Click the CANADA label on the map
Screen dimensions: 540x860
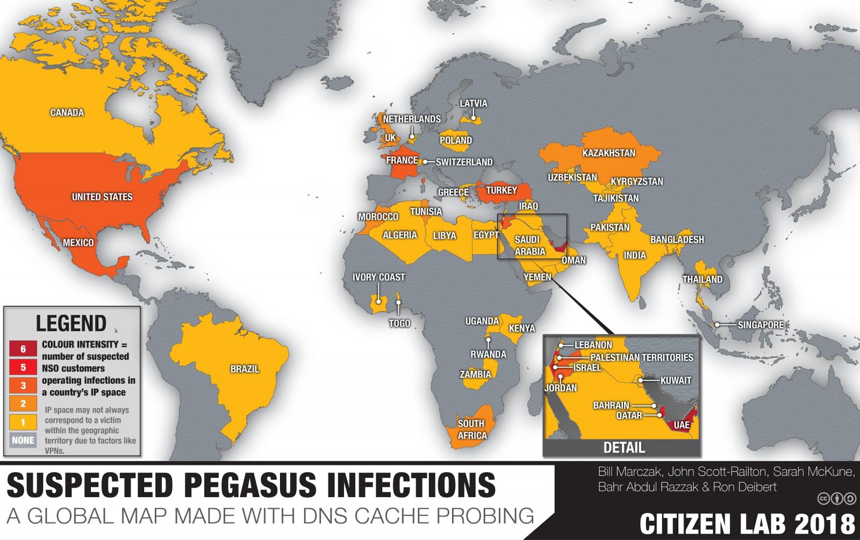click(67, 113)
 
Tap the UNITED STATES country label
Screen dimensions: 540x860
click(102, 197)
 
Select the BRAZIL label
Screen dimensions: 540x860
click(245, 369)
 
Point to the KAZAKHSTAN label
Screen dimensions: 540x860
click(608, 153)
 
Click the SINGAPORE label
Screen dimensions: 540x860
click(760, 325)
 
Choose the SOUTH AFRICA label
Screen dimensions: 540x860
click(472, 429)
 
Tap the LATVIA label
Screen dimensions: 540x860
click(474, 104)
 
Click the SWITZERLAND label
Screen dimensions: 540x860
click(464, 162)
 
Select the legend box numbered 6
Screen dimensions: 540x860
click(23, 349)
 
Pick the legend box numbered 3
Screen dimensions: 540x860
click(23, 386)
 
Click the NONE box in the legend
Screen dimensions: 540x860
click(23, 440)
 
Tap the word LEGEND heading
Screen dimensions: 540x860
click(71, 323)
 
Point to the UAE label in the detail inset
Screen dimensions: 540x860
click(681, 425)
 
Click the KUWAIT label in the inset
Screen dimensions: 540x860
click(676, 380)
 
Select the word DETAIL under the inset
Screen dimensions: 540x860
click(623, 447)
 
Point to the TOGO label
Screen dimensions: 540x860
click(399, 323)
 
